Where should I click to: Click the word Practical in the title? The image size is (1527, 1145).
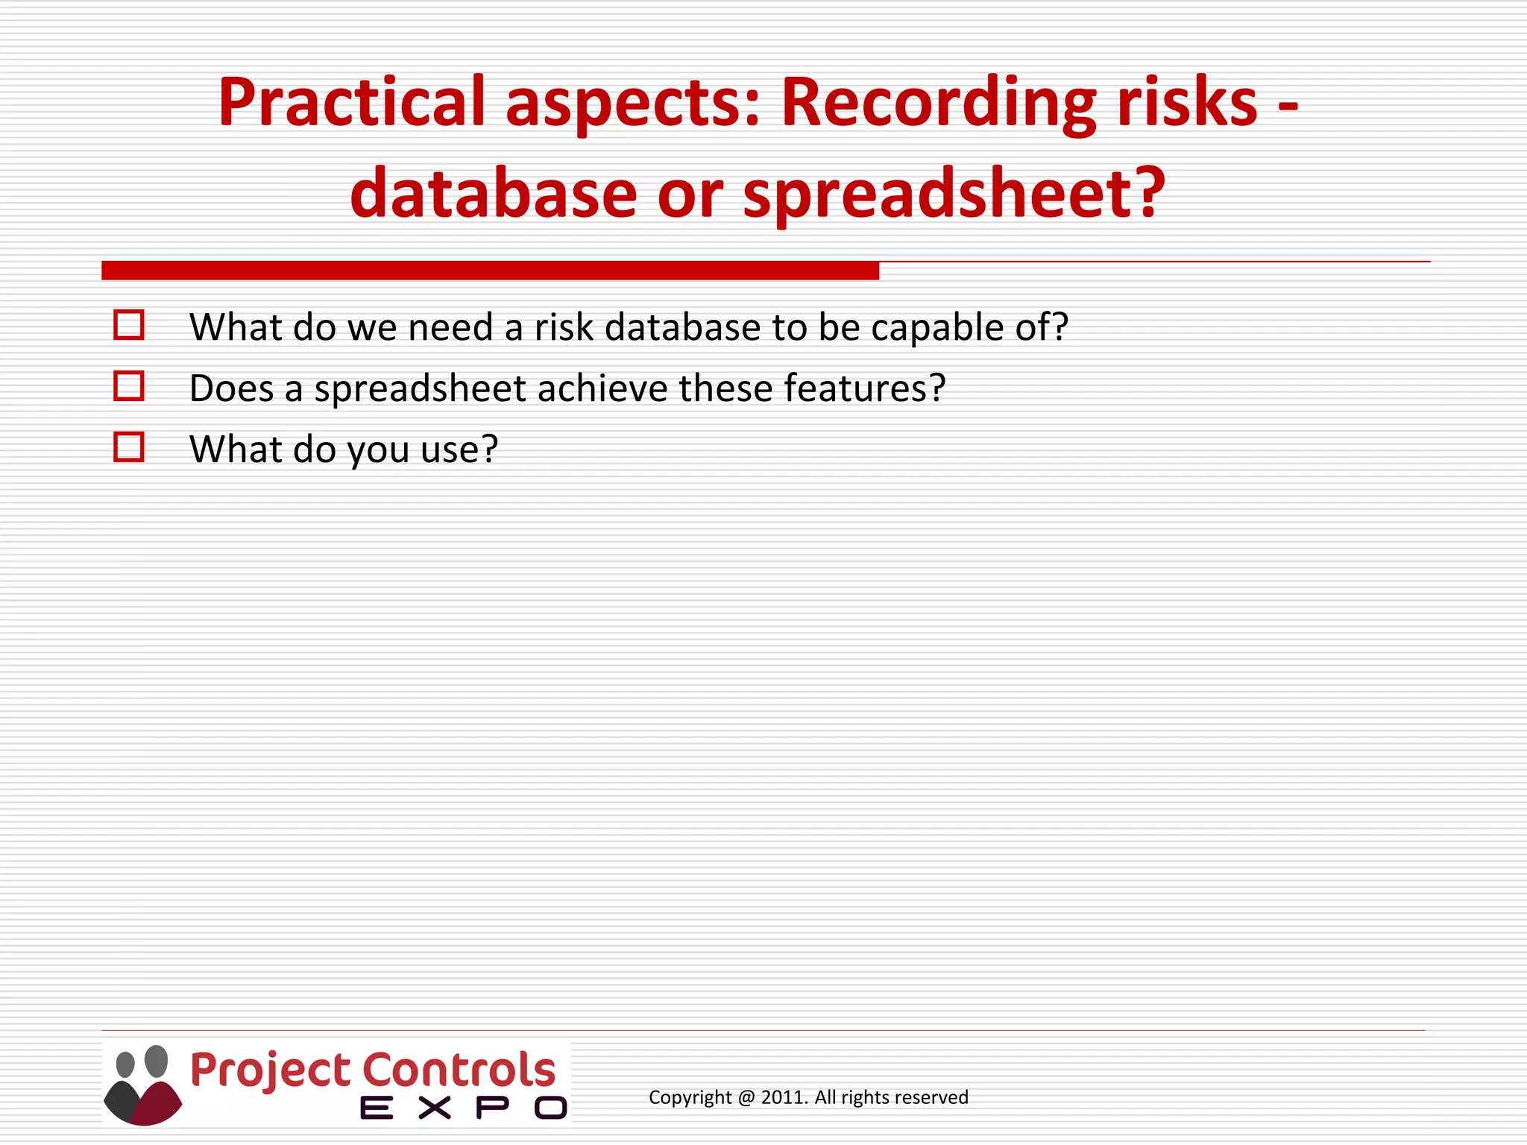[x=351, y=103]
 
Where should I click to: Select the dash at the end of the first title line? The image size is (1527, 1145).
[x=1288, y=106]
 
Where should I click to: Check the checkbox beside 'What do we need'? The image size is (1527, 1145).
[x=129, y=326]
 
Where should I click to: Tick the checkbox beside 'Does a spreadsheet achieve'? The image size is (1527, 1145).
[x=129, y=387]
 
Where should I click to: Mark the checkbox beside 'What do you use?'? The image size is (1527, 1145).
[x=129, y=448]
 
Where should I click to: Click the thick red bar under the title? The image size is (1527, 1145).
[x=490, y=271]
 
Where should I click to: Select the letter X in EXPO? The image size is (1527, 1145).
[x=434, y=1108]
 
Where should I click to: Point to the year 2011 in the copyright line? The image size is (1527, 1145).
[x=783, y=1097]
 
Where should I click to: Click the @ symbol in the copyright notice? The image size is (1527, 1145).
[x=746, y=1097]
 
